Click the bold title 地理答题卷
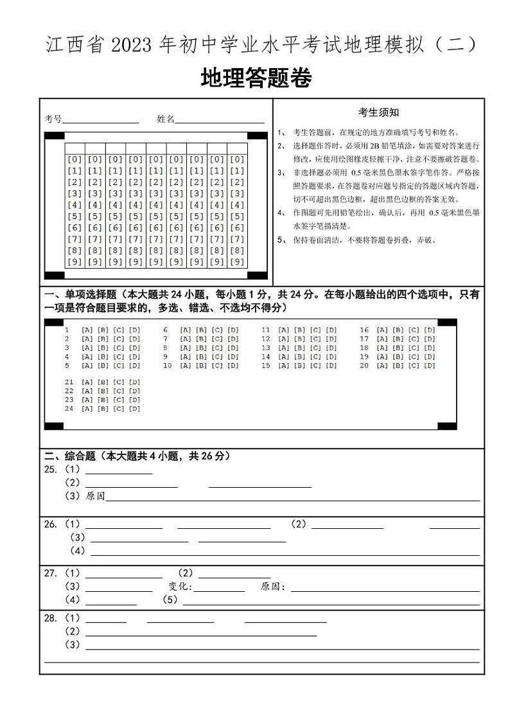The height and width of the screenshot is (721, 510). point(256,78)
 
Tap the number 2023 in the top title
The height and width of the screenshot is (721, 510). point(132,46)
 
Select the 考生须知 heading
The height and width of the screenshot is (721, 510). point(378,112)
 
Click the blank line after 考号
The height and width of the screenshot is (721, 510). point(100,120)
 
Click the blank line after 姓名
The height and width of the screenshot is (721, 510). point(220,120)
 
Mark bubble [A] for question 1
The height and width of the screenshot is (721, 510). point(87,330)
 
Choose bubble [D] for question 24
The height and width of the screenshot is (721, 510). point(134,409)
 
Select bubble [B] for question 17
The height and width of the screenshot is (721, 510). point(398,339)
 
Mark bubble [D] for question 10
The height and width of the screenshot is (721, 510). point(233,366)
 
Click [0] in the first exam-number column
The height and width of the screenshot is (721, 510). point(75,159)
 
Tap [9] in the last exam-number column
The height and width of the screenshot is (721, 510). point(237,262)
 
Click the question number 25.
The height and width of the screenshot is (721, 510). point(50,470)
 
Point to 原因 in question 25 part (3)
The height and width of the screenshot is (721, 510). point(95,496)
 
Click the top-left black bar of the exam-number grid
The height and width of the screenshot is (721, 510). point(55,136)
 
